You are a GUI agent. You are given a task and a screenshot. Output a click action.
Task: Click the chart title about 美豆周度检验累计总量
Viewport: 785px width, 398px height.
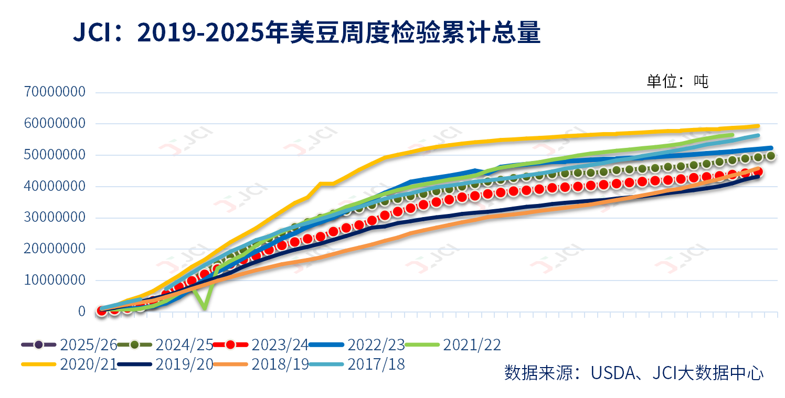click(306, 33)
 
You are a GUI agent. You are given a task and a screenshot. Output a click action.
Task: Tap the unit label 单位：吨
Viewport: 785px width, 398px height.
click(677, 81)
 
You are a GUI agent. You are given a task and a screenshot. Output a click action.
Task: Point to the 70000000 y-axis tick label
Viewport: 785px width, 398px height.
click(55, 92)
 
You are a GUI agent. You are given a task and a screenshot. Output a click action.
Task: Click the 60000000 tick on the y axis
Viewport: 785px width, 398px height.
click(55, 124)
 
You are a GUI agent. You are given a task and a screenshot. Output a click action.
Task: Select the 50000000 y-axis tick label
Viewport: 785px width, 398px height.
click(55, 155)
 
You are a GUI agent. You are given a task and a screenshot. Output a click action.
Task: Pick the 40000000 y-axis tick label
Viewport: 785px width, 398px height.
click(55, 186)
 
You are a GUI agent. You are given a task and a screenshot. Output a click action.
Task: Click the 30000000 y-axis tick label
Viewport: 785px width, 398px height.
click(55, 218)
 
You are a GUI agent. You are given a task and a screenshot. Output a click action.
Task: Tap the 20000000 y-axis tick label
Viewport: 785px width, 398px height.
click(55, 249)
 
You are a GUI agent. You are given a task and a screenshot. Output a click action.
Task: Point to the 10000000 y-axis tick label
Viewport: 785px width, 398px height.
click(55, 280)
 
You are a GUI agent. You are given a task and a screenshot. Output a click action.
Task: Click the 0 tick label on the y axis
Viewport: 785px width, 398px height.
click(81, 311)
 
